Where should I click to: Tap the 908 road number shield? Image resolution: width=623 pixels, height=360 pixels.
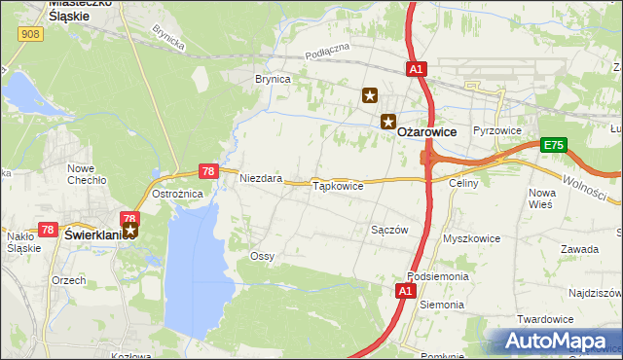click(x=30, y=34)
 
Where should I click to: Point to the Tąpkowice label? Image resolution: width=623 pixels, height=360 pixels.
click(x=337, y=185)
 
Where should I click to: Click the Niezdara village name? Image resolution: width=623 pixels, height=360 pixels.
click(x=261, y=179)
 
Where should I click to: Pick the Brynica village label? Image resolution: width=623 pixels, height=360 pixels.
click(x=273, y=79)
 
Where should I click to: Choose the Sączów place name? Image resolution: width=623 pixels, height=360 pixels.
click(x=388, y=230)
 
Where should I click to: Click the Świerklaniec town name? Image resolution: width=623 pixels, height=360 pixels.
click(x=93, y=234)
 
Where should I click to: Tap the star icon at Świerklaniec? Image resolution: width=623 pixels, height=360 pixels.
click(x=130, y=231)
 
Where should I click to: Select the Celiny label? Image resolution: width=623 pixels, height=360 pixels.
click(x=462, y=182)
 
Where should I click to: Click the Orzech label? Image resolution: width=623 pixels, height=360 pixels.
click(x=68, y=279)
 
